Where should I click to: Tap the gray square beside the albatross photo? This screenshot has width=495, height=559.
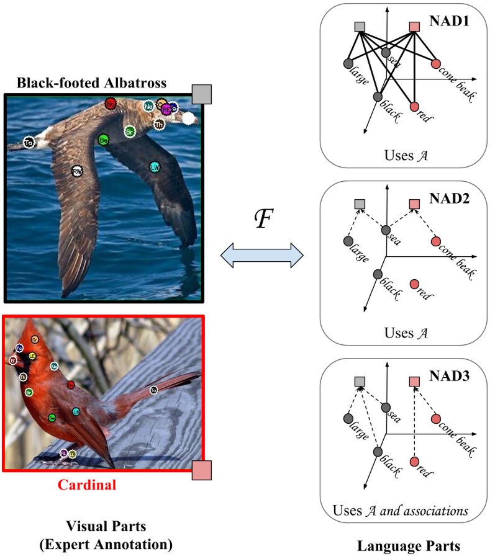pos(202,94)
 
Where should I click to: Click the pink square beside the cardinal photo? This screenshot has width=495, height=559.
pos(202,471)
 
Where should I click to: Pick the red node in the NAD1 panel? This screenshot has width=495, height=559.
pos(414,105)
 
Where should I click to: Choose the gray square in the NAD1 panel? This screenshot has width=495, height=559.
pos(359,27)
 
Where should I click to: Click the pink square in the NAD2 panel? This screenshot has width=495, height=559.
pos(415,204)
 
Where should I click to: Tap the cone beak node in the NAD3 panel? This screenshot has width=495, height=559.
pos(435,419)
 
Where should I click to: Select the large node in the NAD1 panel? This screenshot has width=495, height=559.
pos(347,63)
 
